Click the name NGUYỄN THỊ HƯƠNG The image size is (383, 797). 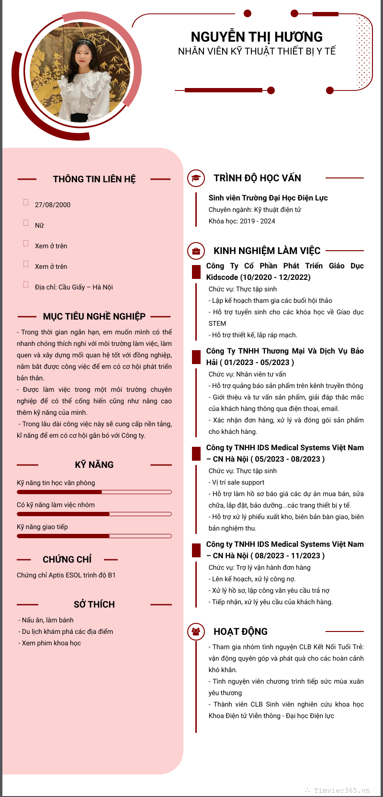pos(257,37)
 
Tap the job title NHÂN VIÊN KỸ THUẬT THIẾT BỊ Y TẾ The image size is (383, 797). pos(257,51)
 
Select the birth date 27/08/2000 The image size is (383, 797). pos(53,205)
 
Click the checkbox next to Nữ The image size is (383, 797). pos(26,223)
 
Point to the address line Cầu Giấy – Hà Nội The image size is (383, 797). pos(74,287)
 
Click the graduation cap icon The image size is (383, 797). pos(196,178)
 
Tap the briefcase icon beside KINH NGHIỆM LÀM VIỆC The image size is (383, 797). pos(196,251)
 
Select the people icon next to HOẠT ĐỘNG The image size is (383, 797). pos(196,631)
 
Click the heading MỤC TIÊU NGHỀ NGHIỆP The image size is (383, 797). pos(94,317)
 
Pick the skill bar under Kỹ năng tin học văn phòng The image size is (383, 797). pos(94,492)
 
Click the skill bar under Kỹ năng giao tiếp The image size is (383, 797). pos(94,536)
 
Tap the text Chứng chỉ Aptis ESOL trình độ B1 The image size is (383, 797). pos(66,575)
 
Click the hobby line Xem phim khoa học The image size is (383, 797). pos(51,643)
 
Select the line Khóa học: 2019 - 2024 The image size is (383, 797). pos(242,221)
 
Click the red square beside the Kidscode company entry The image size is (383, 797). pos(196,272)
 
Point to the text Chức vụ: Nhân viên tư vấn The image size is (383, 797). pos(247,374)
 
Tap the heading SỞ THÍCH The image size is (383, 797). pos(94,605)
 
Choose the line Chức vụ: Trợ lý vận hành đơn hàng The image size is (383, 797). pos(259,567)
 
